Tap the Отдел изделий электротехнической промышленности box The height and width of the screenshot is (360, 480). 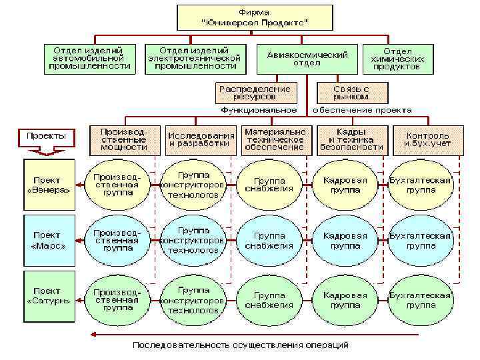coord(197,58)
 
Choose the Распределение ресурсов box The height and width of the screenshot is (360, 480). coord(255,93)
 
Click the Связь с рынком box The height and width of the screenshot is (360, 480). coord(352,93)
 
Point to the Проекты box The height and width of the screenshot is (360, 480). coord(47,136)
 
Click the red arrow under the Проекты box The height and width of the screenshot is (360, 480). coord(47,151)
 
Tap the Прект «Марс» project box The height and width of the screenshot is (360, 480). coord(49,240)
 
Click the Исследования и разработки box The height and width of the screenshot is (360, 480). coord(201,139)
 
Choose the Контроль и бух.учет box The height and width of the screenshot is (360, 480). coord(427,139)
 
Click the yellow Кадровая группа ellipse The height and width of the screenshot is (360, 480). coord(345,185)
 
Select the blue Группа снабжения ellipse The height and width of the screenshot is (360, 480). coord(269,241)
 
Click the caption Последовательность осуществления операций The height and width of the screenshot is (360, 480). coord(240,345)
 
